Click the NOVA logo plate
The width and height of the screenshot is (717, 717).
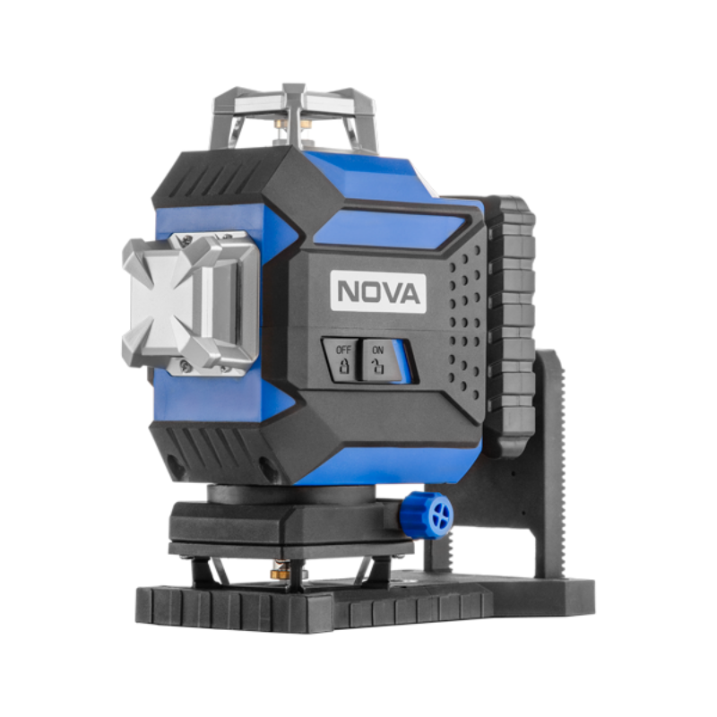click(x=378, y=292)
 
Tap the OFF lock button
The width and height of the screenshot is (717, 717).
click(x=342, y=360)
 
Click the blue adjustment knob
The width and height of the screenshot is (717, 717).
click(x=427, y=515)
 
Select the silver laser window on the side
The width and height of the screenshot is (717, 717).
click(x=190, y=303)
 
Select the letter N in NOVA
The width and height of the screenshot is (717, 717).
click(x=348, y=291)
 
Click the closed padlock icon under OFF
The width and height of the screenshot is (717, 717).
click(x=343, y=367)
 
